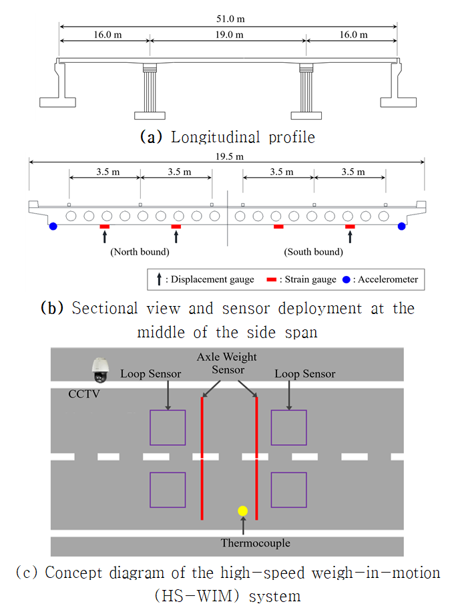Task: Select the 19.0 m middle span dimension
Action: [x=228, y=34]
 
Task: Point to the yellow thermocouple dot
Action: [x=243, y=511]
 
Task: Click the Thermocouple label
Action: [x=256, y=543]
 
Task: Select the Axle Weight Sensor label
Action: [x=227, y=363]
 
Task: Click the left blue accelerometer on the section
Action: [x=53, y=227]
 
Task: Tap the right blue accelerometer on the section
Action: [x=402, y=227]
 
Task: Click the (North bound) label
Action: [x=140, y=252]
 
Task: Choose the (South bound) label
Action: [x=314, y=252]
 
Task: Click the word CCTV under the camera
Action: [x=82, y=394]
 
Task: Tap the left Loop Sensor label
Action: [x=151, y=374]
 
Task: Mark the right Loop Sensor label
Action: [x=305, y=374]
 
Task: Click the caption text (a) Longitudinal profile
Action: [x=227, y=137]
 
